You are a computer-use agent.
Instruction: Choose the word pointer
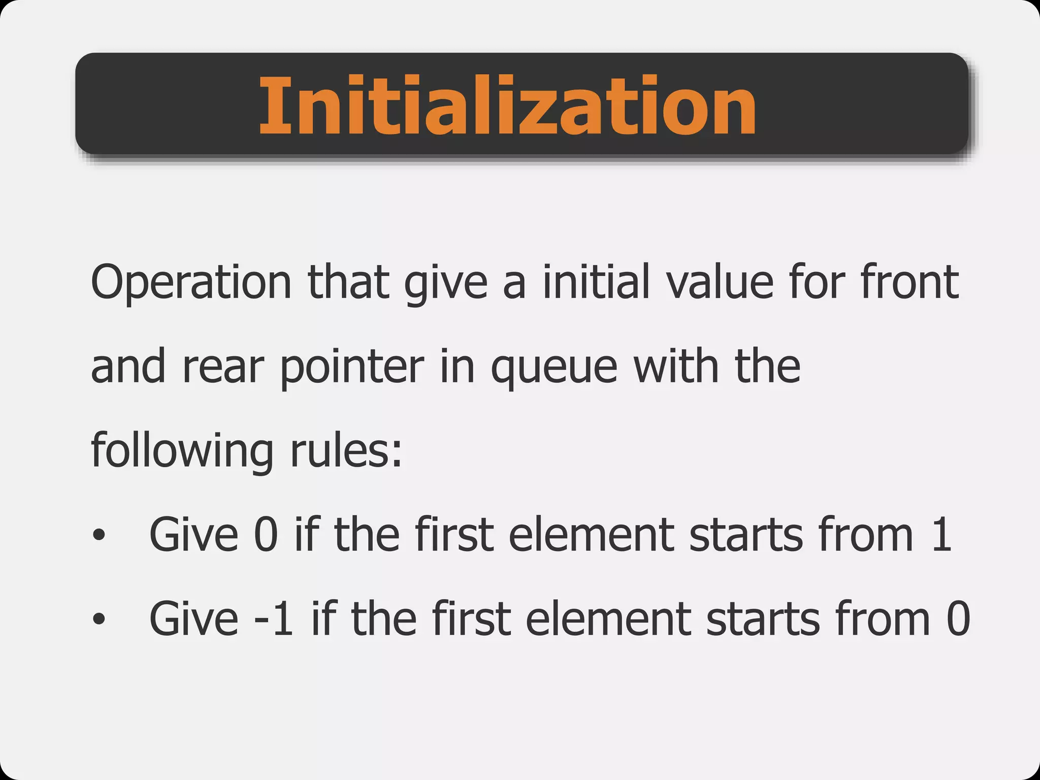[352, 368]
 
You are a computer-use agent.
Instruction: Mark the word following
[182, 451]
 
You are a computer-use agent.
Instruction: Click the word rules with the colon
[346, 451]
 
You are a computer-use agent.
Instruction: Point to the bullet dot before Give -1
[99, 619]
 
